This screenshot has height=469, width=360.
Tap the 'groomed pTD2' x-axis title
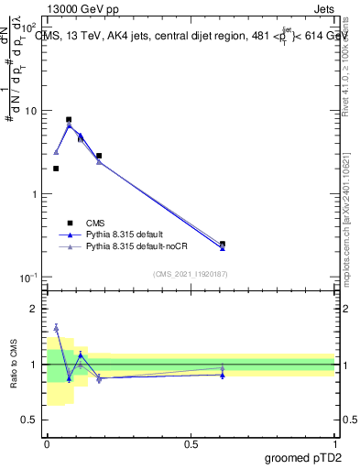click(x=304, y=456)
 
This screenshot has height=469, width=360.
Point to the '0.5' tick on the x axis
click(x=191, y=443)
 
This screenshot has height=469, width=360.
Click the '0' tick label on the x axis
click(x=47, y=443)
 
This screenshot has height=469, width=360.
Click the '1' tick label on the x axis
click(x=334, y=443)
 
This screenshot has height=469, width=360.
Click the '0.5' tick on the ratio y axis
click(x=31, y=420)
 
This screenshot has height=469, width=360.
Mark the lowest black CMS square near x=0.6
click(x=223, y=245)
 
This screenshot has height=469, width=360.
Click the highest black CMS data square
click(x=69, y=120)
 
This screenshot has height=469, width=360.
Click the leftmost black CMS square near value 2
click(x=56, y=169)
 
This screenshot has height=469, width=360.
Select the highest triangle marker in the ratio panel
click(x=56, y=327)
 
